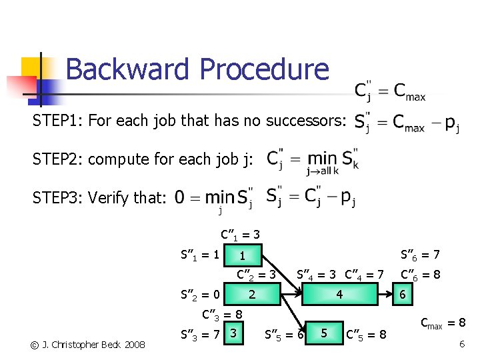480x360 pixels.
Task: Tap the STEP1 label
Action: [58, 121]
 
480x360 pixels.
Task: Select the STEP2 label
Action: [58, 159]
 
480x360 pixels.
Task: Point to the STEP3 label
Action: [58, 197]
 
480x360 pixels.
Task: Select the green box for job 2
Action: [252, 294]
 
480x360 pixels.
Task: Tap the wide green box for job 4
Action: [339, 294]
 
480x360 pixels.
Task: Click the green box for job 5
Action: [324, 332]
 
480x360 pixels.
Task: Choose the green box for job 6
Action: [402, 294]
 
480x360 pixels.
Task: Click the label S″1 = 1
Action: [199, 254]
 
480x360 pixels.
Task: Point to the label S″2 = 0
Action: [199, 293]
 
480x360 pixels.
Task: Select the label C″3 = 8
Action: [221, 313]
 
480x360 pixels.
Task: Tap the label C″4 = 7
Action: [364, 274]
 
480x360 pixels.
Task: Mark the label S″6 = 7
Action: [419, 254]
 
